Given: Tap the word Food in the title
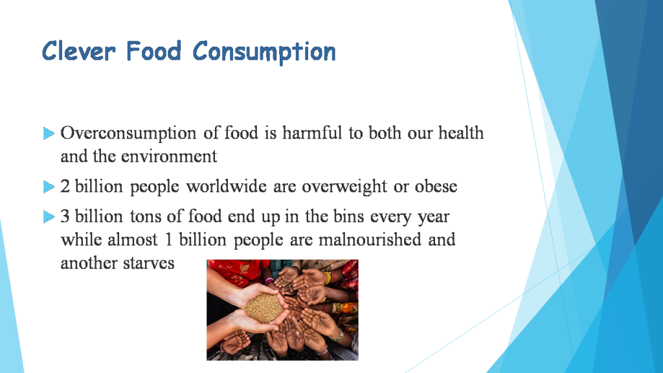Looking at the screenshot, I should coord(154,51).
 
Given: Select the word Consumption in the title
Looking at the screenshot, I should coord(264,52).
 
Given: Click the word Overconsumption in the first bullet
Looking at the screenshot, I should coord(128,133).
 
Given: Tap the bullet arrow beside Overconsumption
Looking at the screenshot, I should coord(49,134).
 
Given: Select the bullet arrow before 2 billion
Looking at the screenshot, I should coord(49,187).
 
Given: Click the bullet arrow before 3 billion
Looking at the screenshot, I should coord(49,217).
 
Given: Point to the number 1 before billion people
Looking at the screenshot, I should coord(168,240).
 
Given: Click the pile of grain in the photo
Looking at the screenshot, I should coord(262,308).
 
